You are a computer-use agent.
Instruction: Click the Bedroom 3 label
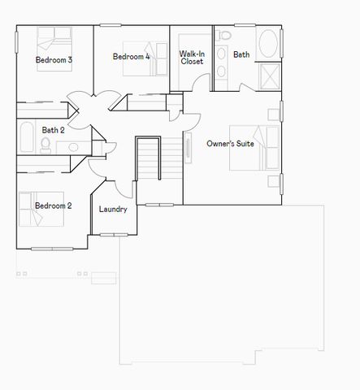(x=54, y=60)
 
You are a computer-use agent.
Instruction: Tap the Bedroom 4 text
(x=131, y=57)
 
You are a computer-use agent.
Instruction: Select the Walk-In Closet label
(x=192, y=57)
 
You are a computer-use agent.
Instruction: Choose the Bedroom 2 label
(x=53, y=206)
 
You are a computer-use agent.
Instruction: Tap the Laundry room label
(x=113, y=210)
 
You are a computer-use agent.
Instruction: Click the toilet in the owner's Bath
(x=225, y=36)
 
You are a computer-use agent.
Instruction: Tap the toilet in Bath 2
(x=46, y=145)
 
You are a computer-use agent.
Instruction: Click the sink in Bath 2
(x=73, y=147)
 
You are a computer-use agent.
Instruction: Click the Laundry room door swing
(x=124, y=187)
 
